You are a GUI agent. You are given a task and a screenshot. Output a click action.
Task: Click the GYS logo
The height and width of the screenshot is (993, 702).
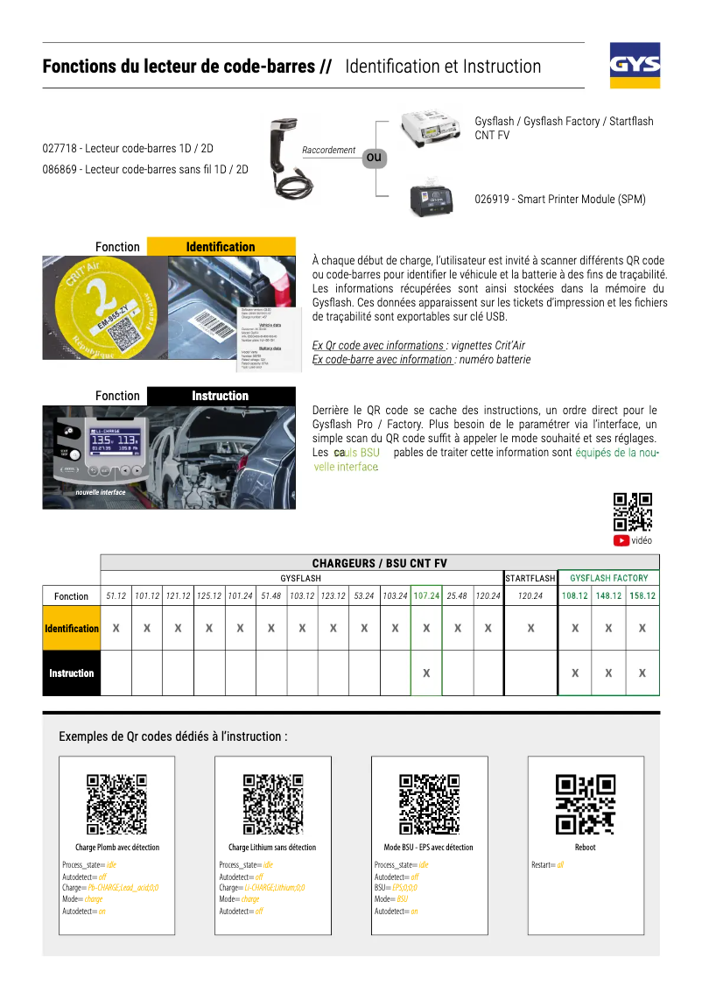coord(635,66)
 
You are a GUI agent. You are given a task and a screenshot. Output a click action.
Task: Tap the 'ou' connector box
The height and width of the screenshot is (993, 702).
coord(375,158)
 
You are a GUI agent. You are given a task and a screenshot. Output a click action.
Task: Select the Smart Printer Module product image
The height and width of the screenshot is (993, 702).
coord(435,198)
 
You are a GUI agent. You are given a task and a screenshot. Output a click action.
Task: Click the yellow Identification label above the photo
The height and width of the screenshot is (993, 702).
coord(221,247)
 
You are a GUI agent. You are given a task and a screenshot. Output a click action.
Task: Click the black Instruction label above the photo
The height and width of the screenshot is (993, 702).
coord(221,396)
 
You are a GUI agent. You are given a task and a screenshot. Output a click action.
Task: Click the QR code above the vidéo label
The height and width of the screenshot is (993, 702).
coord(633,512)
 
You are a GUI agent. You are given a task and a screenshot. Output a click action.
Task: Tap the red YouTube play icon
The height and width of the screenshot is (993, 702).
coord(621,540)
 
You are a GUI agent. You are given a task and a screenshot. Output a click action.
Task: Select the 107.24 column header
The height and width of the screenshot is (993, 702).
coord(426,595)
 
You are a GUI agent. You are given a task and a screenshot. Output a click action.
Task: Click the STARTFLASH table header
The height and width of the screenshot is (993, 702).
coord(530,578)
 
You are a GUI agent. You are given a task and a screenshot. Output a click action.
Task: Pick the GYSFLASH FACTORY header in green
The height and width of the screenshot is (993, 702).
coord(608,578)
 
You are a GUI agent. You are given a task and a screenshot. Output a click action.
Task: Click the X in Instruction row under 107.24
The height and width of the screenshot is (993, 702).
coord(426,673)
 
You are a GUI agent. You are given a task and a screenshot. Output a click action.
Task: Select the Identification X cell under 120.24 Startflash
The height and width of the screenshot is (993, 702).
coord(530,628)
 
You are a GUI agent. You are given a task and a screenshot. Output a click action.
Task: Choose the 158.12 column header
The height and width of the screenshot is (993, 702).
coord(642,595)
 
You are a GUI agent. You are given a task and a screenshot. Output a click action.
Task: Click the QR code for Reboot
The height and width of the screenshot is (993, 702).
coord(586,805)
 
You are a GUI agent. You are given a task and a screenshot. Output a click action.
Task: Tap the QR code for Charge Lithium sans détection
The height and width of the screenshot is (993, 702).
coord(272,805)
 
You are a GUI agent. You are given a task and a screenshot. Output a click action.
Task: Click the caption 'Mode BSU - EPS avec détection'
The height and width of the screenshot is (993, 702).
coord(429,847)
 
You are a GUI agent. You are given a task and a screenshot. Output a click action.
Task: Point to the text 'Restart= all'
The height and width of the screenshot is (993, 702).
coord(548,865)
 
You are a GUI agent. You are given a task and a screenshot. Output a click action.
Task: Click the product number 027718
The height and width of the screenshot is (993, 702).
coord(60,149)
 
